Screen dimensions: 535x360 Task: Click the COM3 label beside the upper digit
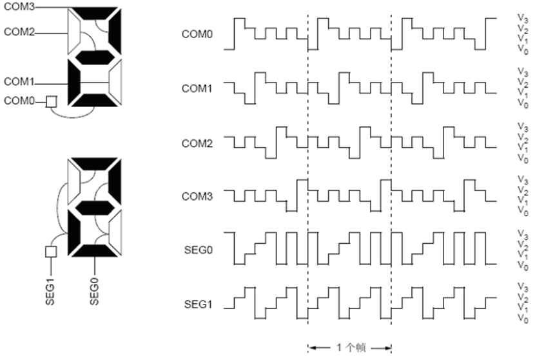[19, 6]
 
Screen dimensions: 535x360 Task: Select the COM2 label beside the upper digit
[19, 32]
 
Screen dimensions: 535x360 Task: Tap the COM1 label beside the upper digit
[19, 82]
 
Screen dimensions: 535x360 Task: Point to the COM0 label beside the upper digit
[19, 101]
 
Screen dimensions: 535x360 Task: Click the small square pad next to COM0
[51, 101]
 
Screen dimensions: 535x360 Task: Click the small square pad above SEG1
[51, 252]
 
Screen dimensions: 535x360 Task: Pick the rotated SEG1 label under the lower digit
[50, 292]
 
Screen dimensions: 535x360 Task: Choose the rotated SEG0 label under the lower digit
[95, 292]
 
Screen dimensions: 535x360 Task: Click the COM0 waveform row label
[197, 34]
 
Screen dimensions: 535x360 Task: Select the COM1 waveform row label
[197, 88]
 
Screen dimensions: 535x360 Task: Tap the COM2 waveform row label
[197, 143]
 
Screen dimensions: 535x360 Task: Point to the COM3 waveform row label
[197, 196]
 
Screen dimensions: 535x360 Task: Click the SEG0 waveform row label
[199, 250]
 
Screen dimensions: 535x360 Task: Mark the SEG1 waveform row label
[199, 304]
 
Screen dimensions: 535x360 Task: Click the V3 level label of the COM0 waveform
[523, 18]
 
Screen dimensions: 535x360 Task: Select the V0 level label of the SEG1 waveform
[523, 319]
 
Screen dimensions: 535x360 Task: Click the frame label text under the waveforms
[351, 348]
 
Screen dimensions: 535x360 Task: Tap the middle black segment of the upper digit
[95, 57]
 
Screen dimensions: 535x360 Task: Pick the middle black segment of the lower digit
[95, 208]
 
